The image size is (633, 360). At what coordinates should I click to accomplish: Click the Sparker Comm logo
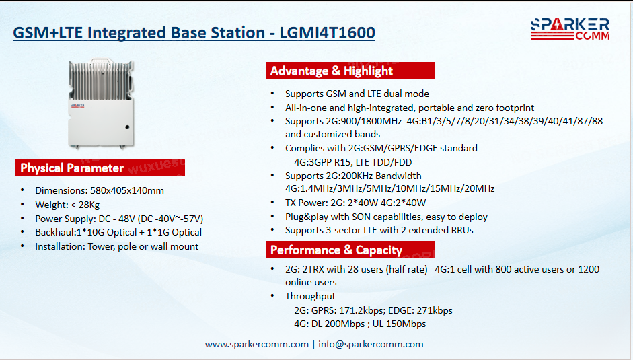[570, 29]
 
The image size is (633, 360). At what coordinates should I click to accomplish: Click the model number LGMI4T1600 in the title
[328, 33]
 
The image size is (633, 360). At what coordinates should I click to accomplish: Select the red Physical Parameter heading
[100, 168]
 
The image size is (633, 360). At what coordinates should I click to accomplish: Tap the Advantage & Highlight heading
[350, 71]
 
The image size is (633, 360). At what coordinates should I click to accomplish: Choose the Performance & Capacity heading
[350, 250]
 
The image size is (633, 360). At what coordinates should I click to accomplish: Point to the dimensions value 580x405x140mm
[127, 190]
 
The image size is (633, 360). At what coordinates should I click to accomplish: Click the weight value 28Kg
[89, 205]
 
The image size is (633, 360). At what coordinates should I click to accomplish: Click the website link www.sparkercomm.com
[257, 344]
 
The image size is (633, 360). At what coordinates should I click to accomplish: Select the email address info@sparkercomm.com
[371, 344]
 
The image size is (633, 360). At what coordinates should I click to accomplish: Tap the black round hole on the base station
[128, 127]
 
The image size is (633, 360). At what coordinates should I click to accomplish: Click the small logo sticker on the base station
[78, 106]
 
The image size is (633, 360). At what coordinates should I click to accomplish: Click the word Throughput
[310, 296]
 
